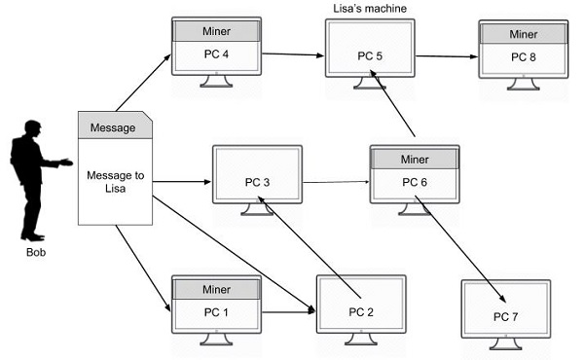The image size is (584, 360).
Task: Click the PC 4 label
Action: [x=216, y=54]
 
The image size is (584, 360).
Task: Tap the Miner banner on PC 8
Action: [x=524, y=34]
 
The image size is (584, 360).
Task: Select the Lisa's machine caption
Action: [x=370, y=8]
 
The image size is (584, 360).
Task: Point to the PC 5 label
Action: [x=370, y=56]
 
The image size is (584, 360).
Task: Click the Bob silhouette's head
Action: [x=33, y=126]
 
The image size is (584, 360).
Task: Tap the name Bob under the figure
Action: [x=36, y=252]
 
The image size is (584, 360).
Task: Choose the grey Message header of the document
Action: [x=115, y=126]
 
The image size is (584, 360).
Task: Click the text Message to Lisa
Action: [x=116, y=182]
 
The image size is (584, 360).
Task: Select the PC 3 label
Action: [x=257, y=182]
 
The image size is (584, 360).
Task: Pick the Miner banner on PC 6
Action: [x=415, y=160]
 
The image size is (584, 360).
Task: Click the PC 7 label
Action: [x=506, y=317]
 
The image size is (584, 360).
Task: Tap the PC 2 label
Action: [x=361, y=312]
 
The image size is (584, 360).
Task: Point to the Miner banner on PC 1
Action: [x=216, y=289]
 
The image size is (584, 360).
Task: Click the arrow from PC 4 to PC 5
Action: [x=293, y=54]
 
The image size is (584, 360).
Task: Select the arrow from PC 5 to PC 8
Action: [x=447, y=56]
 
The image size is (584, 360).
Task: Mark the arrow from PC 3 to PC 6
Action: [x=336, y=182]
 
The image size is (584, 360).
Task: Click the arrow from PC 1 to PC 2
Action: [x=289, y=312]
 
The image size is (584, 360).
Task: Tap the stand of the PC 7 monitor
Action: [x=506, y=344]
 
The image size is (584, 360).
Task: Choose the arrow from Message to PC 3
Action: [x=182, y=182]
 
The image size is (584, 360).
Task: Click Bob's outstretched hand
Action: [x=66, y=162]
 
